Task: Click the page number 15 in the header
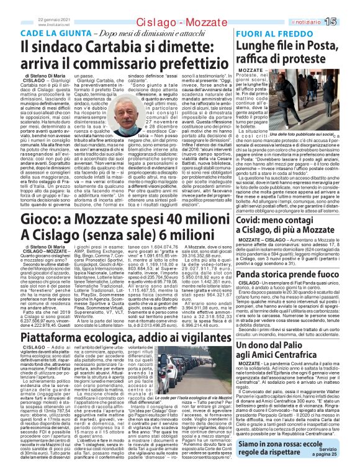[x=346, y=22]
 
